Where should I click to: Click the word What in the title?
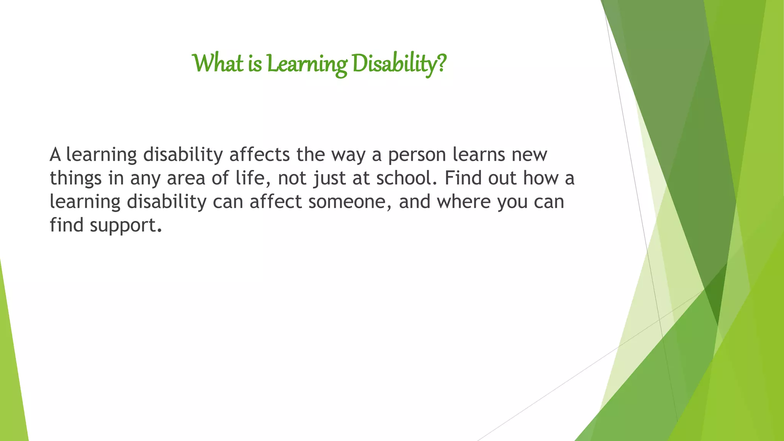tap(217, 64)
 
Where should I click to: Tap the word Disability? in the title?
tap(399, 64)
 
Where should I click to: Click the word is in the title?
tap(255, 64)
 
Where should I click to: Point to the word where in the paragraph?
tap(464, 202)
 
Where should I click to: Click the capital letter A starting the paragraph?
tap(56, 155)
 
